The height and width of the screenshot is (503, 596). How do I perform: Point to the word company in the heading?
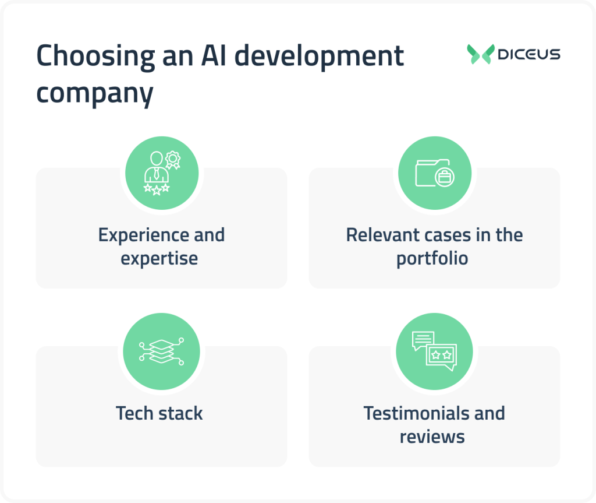tap(94, 93)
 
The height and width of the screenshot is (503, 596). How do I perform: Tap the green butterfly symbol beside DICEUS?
tap(481, 54)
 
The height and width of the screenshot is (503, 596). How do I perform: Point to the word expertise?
tap(159, 258)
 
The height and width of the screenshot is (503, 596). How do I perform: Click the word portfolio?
tap(432, 258)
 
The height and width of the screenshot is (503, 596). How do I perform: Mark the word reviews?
tap(432, 437)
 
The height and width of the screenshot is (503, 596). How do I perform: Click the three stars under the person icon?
tap(157, 189)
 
